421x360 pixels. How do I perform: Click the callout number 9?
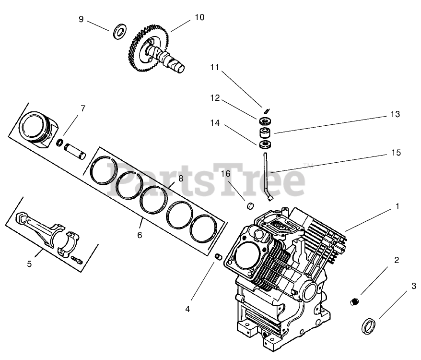pyautogui.click(x=81, y=19)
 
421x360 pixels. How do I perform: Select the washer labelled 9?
pyautogui.click(x=119, y=33)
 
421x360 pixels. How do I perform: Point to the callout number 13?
pyautogui.click(x=395, y=114)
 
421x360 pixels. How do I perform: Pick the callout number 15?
pyautogui.click(x=395, y=153)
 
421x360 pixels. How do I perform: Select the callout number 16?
pyautogui.click(x=225, y=173)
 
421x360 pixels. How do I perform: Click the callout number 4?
pyautogui.click(x=187, y=309)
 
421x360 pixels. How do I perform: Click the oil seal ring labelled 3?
pyautogui.click(x=368, y=325)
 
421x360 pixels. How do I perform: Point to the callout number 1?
pyautogui.click(x=397, y=206)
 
